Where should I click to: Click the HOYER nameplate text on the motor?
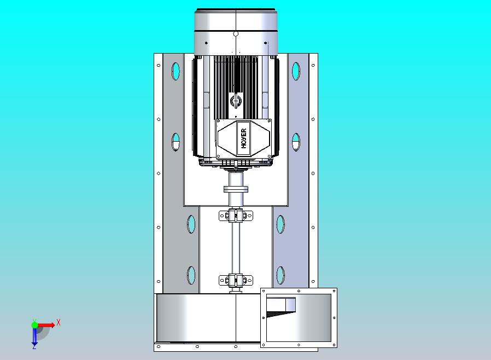tap(243, 137)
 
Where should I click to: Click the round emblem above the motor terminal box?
tap(236, 101)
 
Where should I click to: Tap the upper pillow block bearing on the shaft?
tap(236, 216)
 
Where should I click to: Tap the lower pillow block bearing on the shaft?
tap(236, 281)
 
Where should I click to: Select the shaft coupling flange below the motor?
tap(236, 189)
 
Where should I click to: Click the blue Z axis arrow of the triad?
tap(34, 339)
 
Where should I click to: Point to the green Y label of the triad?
tap(34, 321)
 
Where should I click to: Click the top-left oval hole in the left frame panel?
tap(176, 71)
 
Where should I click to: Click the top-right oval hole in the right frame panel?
tap(296, 71)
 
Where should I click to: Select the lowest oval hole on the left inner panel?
tap(191, 275)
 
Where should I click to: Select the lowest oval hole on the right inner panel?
tap(280, 275)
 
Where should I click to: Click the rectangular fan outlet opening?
tap(298, 317)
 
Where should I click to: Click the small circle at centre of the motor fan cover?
tap(236, 34)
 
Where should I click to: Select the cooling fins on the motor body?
tap(236, 77)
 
